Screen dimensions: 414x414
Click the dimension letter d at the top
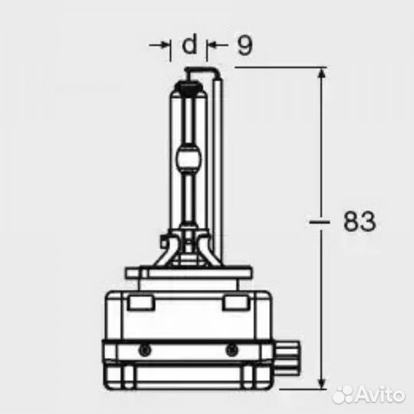coord(189,46)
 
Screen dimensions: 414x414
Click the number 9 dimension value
coord(244,46)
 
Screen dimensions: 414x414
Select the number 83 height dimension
coord(359,222)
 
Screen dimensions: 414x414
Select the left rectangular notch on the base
coord(140,304)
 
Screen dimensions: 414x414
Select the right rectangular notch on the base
coord(233,304)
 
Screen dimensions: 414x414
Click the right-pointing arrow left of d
coord(164,46)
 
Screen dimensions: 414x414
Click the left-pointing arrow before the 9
coord(215,46)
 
